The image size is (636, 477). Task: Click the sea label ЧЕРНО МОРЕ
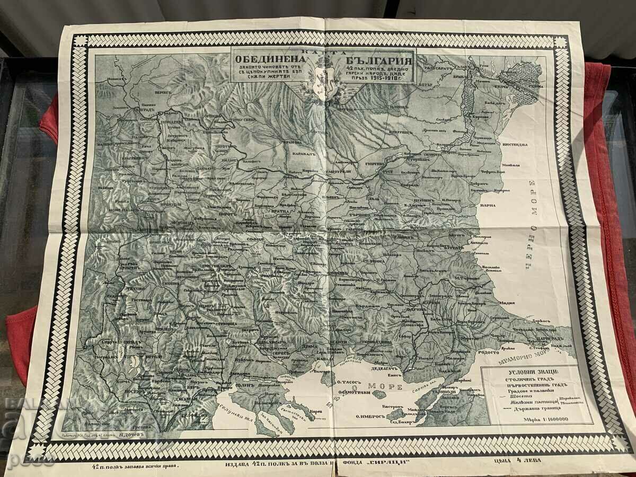pyautogui.click(x=531, y=223)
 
